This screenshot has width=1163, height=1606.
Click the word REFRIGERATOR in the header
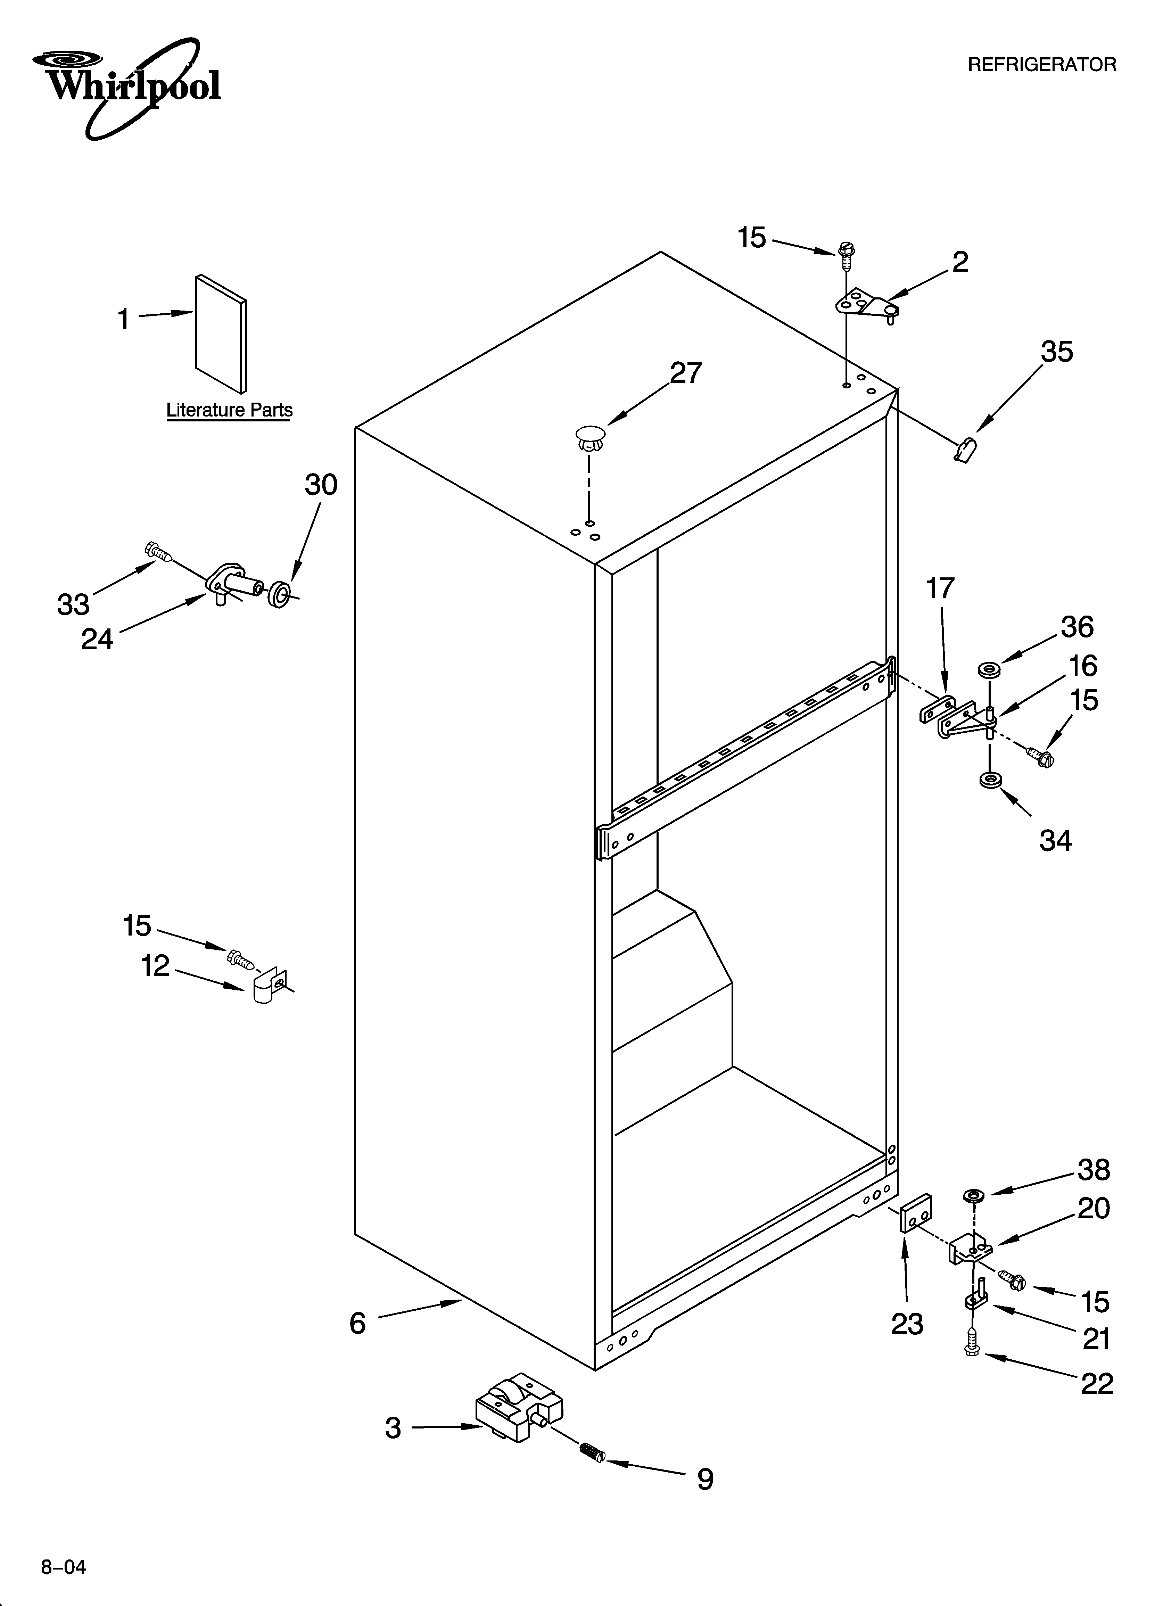pyautogui.click(x=1041, y=65)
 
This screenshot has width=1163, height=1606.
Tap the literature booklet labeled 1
pyautogui.click(x=221, y=333)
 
